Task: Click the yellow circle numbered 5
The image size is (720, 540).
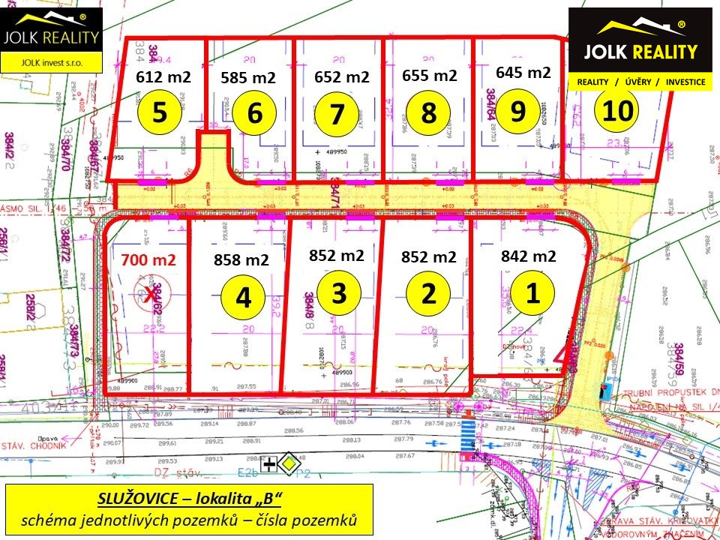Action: click(160, 112)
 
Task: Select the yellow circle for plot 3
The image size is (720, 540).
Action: click(339, 292)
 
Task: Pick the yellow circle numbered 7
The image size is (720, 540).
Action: click(337, 114)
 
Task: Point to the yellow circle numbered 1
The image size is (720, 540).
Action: click(532, 292)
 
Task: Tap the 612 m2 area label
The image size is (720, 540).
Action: click(163, 76)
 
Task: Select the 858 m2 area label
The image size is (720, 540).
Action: click(241, 260)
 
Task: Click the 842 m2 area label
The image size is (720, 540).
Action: click(528, 256)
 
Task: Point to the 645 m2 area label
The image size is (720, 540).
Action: click(523, 73)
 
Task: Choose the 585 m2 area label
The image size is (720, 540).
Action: click(248, 77)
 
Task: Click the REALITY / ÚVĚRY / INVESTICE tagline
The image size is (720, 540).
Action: click(640, 82)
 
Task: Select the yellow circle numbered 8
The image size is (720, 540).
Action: click(428, 113)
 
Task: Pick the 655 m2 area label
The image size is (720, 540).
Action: click(429, 75)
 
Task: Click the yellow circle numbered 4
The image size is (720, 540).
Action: click(243, 297)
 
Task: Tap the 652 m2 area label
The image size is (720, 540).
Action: click(341, 77)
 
